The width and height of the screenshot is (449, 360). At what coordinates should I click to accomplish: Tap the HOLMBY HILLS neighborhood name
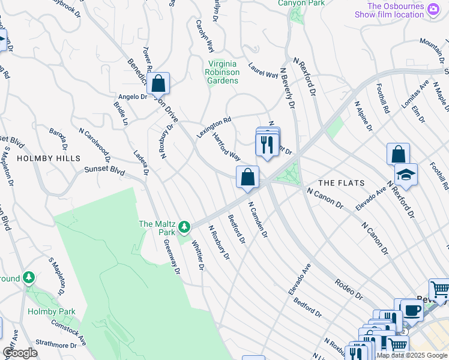[x=49, y=158]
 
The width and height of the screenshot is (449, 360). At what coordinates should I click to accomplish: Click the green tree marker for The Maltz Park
[x=185, y=227]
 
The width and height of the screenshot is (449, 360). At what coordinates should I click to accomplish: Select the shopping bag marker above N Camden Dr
[x=247, y=177]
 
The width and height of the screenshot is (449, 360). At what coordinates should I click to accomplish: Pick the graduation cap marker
[x=406, y=175]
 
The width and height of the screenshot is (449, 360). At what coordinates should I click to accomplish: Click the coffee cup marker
[x=412, y=310]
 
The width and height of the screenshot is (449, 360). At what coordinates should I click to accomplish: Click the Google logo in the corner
[x=20, y=353]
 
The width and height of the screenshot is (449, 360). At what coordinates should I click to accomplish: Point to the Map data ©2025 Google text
[x=412, y=355]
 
